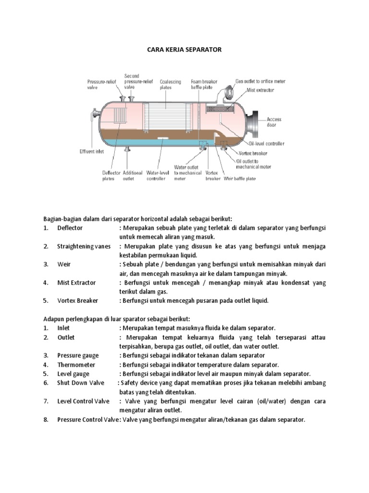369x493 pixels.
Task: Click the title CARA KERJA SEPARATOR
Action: pyautogui.click(x=184, y=49)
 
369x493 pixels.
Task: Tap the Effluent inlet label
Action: pyautogui.click(x=91, y=151)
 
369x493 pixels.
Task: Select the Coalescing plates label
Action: pyautogui.click(x=171, y=85)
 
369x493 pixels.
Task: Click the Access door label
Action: pyautogui.click(x=274, y=122)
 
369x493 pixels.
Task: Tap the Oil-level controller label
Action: pyautogui.click(x=266, y=143)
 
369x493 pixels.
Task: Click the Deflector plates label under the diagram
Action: pyautogui.click(x=108, y=175)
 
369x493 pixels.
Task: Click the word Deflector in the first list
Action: pyautogui.click(x=70, y=228)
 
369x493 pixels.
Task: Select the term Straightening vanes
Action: pyautogui.click(x=84, y=246)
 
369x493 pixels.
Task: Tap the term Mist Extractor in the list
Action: pyautogui.click(x=76, y=283)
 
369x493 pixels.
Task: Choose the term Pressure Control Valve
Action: pyautogui.click(x=87, y=419)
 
